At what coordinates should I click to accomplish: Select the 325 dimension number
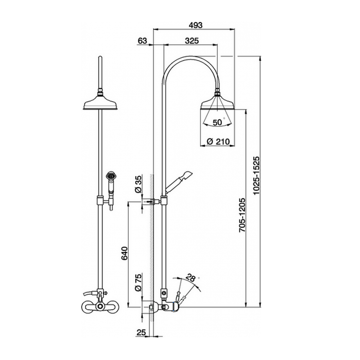(x=192, y=41)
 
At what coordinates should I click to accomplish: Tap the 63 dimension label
(x=142, y=41)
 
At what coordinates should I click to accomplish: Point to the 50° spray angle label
(x=218, y=122)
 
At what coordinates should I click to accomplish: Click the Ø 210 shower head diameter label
(x=218, y=142)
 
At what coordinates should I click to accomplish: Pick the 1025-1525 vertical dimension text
(x=256, y=176)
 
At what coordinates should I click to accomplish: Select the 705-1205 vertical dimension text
(x=242, y=215)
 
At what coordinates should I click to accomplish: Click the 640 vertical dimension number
(x=124, y=253)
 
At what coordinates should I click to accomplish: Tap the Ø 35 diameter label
(x=138, y=185)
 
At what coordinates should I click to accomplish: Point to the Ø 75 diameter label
(x=138, y=283)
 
